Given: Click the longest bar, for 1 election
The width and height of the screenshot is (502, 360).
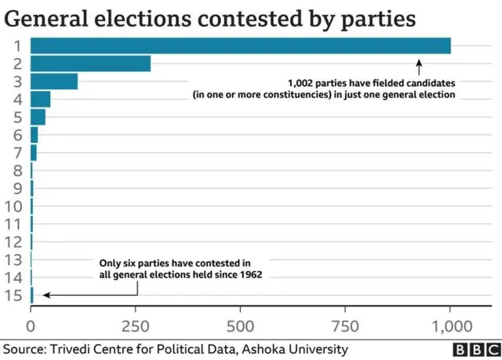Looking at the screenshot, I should pyautogui.click(x=241, y=46).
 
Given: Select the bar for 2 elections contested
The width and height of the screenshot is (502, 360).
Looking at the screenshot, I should pyautogui.click(x=90, y=64).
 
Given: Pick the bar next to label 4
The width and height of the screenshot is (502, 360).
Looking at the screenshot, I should pyautogui.click(x=41, y=98).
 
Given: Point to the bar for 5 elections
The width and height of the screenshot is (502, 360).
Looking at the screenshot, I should pyautogui.click(x=38, y=117).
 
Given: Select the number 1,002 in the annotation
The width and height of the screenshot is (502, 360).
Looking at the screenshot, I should pyautogui.click(x=304, y=82).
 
